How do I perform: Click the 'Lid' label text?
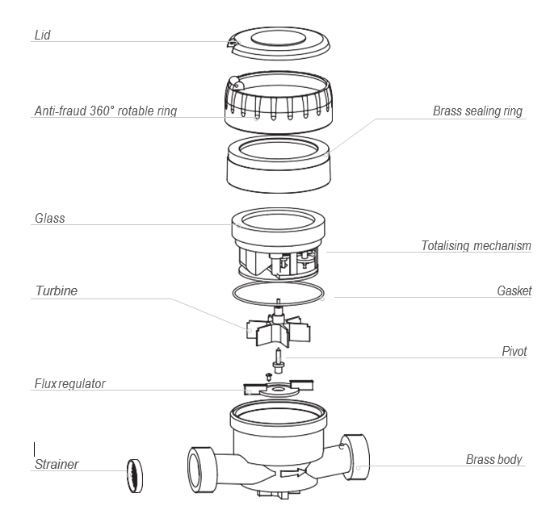click(42, 36)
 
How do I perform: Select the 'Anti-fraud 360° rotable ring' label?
click(105, 111)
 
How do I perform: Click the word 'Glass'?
click(49, 219)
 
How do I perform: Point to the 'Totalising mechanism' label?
click(476, 245)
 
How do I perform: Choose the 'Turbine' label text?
click(56, 290)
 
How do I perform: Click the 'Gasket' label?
click(514, 290)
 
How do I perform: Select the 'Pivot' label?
click(514, 352)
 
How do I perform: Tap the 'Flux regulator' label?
click(69, 382)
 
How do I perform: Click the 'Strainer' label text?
click(57, 464)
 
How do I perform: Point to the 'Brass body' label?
click(493, 460)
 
